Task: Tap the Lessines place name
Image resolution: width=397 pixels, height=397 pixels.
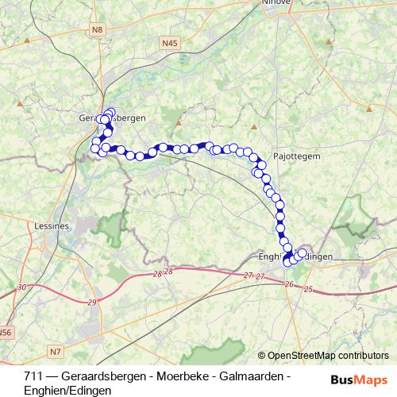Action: pyautogui.click(x=54, y=226)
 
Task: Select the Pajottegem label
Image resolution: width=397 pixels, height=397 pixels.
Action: pyautogui.click(x=296, y=156)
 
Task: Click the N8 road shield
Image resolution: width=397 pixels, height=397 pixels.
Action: pyautogui.click(x=98, y=30)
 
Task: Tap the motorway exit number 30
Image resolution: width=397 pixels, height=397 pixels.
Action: pyautogui.click(x=21, y=287)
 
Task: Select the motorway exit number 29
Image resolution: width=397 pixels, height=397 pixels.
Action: pyautogui.click(x=92, y=303)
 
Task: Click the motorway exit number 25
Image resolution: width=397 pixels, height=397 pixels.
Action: pyautogui.click(x=309, y=290)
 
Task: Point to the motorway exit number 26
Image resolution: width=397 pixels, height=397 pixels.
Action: pyautogui.click(x=288, y=284)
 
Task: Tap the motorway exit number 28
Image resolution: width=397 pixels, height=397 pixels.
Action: pyautogui.click(x=157, y=274)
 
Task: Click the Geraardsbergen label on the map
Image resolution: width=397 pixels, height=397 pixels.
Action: pyautogui.click(x=113, y=118)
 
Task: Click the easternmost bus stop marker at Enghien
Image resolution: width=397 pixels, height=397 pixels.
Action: pyautogui.click(x=302, y=253)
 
